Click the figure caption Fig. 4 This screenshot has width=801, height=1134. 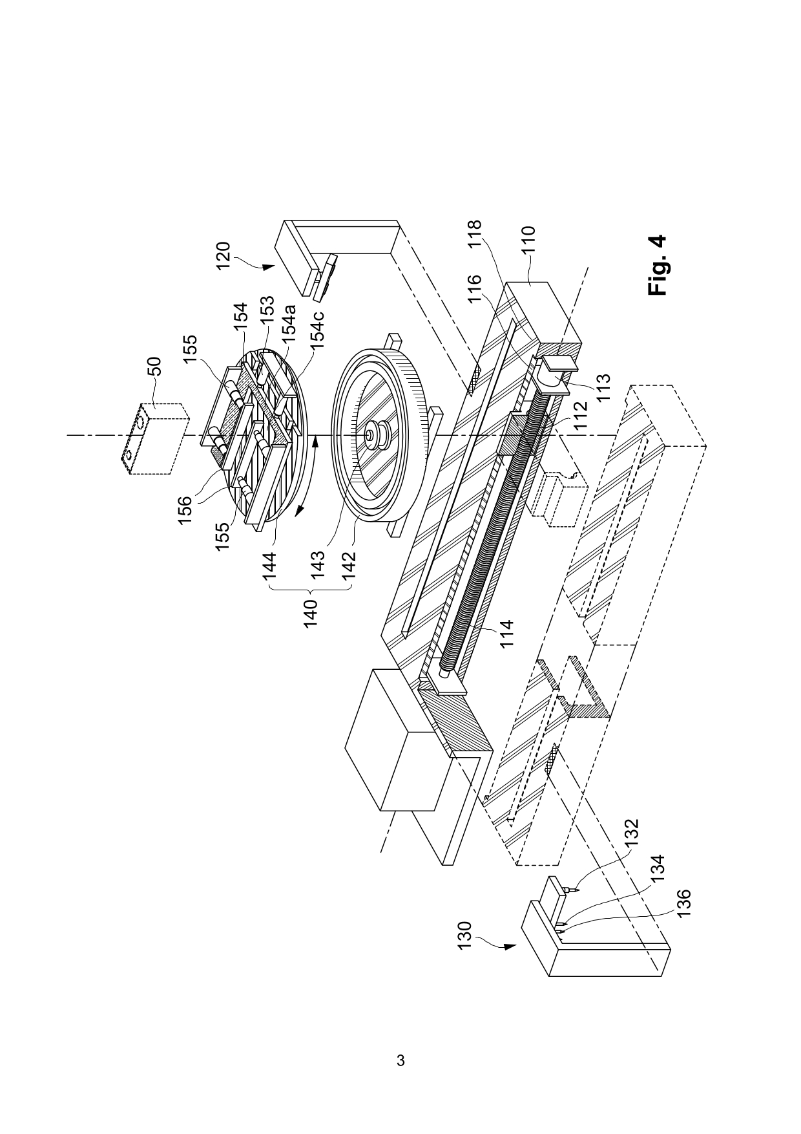[658, 265]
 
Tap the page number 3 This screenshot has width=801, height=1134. [400, 1060]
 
